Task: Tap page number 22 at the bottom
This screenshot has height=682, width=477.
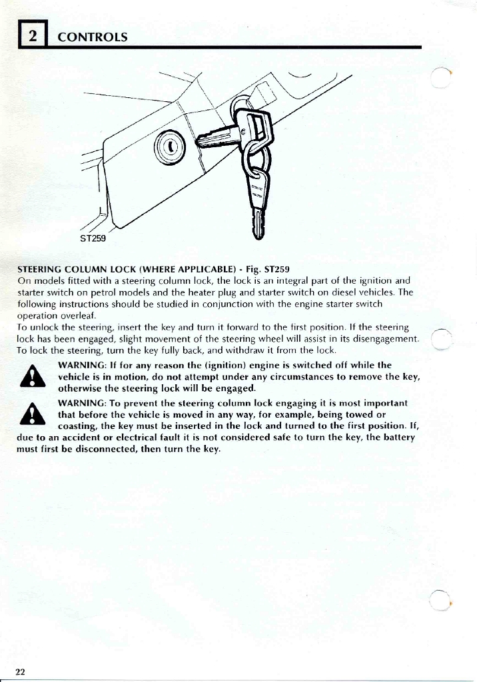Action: (21, 670)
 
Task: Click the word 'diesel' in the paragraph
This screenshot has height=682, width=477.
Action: (352, 292)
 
